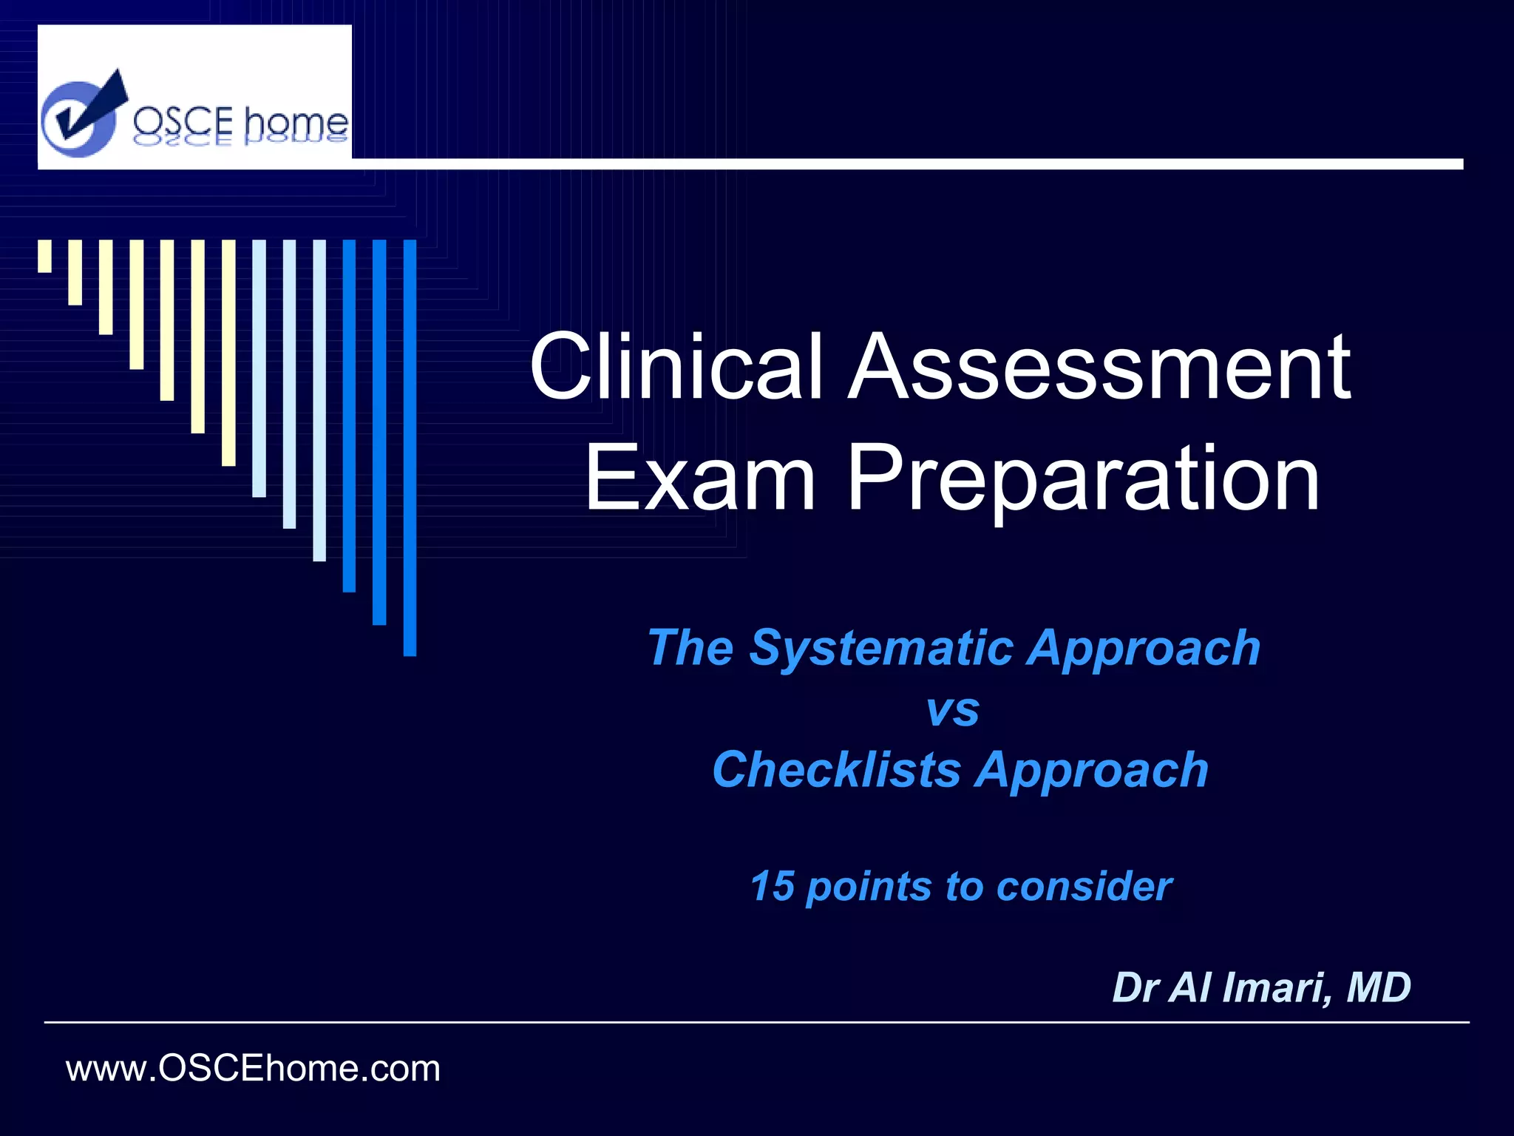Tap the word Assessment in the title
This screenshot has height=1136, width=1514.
click(x=1099, y=367)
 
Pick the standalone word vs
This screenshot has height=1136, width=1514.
click(x=952, y=710)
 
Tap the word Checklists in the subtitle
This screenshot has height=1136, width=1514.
click(x=836, y=771)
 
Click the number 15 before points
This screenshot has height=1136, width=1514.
click(x=772, y=886)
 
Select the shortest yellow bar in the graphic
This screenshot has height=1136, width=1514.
click(x=45, y=256)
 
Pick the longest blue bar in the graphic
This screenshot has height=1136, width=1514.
click(x=410, y=447)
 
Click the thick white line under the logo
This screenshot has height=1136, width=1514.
click(x=887, y=163)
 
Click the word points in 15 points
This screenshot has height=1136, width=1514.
click(x=868, y=886)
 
